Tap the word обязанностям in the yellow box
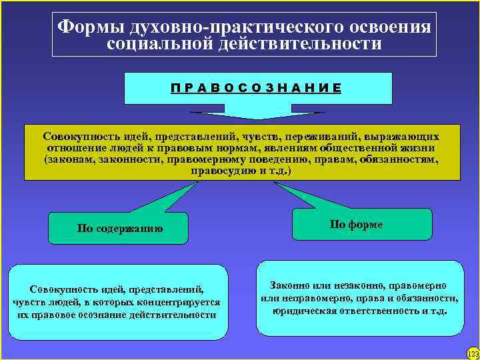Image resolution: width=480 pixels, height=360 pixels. pyautogui.click(x=400, y=159)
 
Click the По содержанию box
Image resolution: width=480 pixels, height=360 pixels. pyautogui.click(x=120, y=228)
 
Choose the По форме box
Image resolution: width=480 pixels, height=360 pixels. pyautogui.click(x=356, y=225)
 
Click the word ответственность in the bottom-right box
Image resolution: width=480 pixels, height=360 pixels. pyautogui.click(x=375, y=311)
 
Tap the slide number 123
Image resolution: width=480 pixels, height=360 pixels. pyautogui.click(x=472, y=353)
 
